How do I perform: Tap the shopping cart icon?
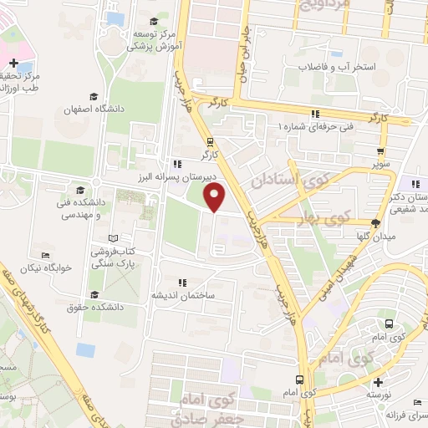tap(380, 151)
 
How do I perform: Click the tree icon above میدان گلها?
tap(375, 222)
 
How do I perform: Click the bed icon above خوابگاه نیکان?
tap(45, 255)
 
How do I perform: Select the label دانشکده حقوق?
tap(98, 307)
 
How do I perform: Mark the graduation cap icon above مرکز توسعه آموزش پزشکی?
tap(152, 22)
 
